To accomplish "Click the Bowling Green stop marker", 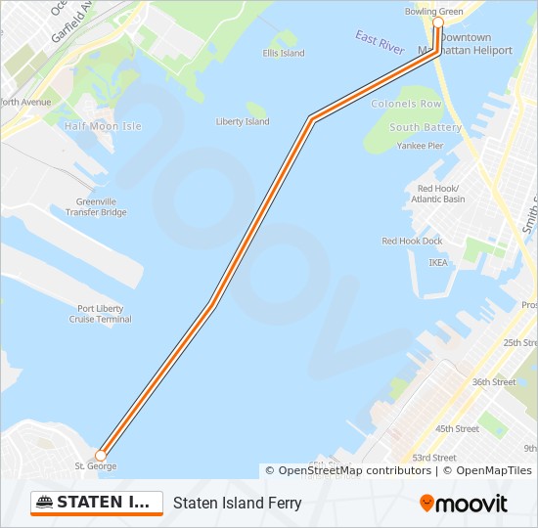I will pyautogui.click(x=438, y=22).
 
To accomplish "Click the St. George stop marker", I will pyautogui.click(x=100, y=456).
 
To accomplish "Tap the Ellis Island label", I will pyautogui.click(x=284, y=53).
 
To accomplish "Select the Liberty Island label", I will pyautogui.click(x=243, y=122).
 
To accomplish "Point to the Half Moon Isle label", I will pyautogui.click(x=103, y=126).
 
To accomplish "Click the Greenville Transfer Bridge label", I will pyautogui.click(x=96, y=207).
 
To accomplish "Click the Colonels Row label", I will pyautogui.click(x=406, y=104).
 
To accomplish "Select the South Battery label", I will pyautogui.click(x=426, y=127).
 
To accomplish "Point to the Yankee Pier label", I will pyautogui.click(x=420, y=146).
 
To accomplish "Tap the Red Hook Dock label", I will pyautogui.click(x=412, y=241).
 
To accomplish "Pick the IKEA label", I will pyautogui.click(x=438, y=262).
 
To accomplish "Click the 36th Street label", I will pyautogui.click(x=494, y=382).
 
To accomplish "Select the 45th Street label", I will pyautogui.click(x=457, y=428).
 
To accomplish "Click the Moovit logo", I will pyautogui.click(x=464, y=504).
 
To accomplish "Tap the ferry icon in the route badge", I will pyautogui.click(x=44, y=503).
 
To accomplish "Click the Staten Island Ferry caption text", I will pyautogui.click(x=238, y=504).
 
